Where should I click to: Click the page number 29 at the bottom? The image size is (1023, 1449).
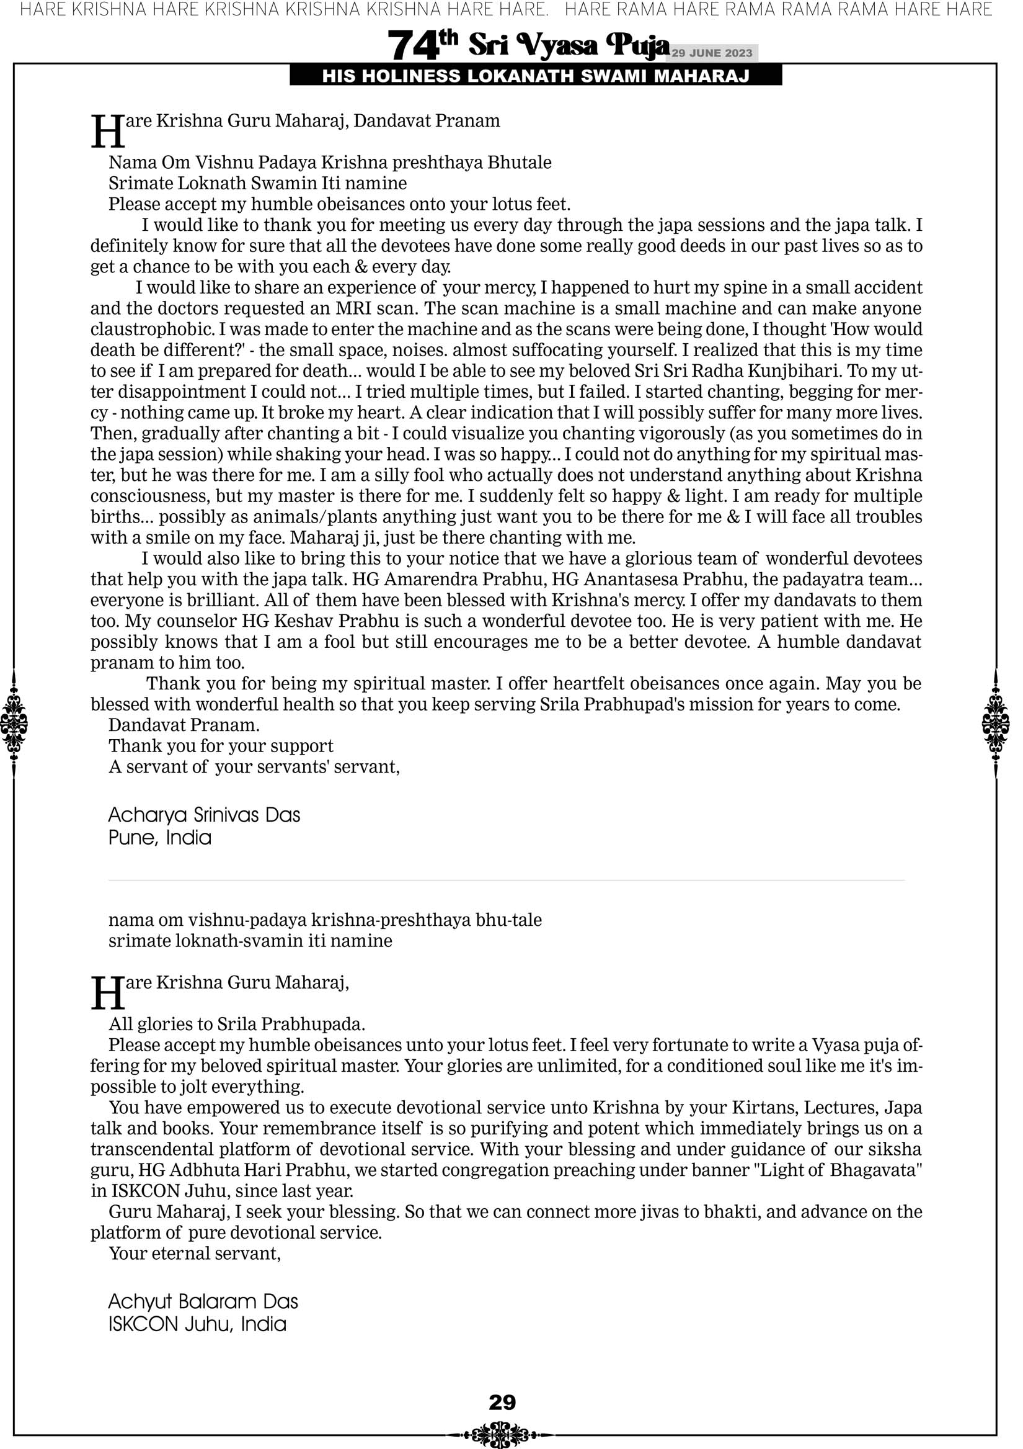point(502,1402)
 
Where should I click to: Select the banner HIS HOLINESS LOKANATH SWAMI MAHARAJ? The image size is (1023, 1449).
point(536,76)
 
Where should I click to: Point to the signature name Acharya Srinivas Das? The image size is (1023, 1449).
point(204,815)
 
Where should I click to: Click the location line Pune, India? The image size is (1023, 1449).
point(159,838)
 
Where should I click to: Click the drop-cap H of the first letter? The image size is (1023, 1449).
point(107,132)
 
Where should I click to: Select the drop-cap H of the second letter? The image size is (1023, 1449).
point(107,993)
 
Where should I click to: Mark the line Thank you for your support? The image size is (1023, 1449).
point(221,746)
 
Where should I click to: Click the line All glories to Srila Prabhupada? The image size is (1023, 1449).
point(237,1024)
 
